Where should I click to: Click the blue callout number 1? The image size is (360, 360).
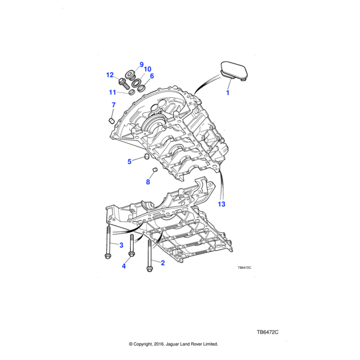pyautogui.click(x=227, y=93)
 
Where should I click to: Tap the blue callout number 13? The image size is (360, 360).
pyautogui.click(x=221, y=204)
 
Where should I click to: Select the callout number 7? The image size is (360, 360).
pyautogui.click(x=113, y=105)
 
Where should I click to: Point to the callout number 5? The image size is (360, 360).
pyautogui.click(x=130, y=161)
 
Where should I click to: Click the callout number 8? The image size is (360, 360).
pyautogui.click(x=148, y=182)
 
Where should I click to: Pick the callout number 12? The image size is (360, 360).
pyautogui.click(x=110, y=75)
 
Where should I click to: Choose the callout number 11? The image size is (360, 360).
pyautogui.click(x=112, y=92)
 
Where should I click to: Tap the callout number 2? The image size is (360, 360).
pyautogui.click(x=163, y=263)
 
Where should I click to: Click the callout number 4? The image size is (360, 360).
pyautogui.click(x=124, y=266)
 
